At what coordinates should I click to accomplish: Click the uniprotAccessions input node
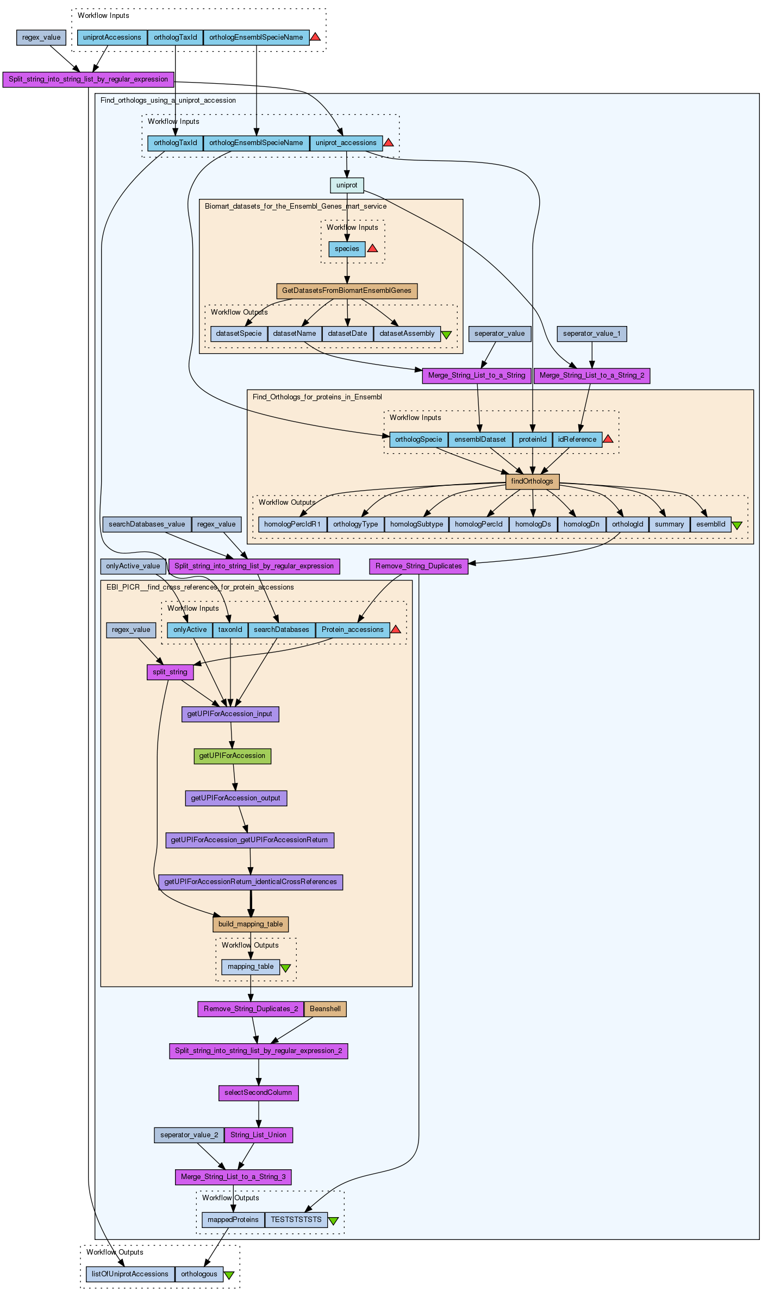(x=113, y=37)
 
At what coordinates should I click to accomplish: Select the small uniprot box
(x=347, y=185)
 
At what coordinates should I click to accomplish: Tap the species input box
(x=347, y=249)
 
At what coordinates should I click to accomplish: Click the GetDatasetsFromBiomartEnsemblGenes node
(x=347, y=291)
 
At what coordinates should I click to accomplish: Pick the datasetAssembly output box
(x=407, y=334)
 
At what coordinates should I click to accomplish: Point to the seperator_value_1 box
(x=591, y=334)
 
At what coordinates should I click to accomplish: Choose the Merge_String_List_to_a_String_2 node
(x=592, y=375)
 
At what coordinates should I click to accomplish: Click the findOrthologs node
(x=532, y=481)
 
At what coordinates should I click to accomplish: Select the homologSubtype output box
(x=416, y=524)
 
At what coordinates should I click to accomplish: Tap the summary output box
(x=669, y=524)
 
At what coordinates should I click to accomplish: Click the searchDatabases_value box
(x=147, y=524)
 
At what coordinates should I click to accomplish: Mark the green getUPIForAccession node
(x=232, y=756)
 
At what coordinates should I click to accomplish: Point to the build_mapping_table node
(x=251, y=924)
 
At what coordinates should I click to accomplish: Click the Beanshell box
(x=325, y=1009)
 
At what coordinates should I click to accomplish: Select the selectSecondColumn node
(x=258, y=1093)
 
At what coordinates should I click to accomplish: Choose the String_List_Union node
(x=258, y=1135)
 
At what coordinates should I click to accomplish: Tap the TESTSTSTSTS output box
(x=296, y=1220)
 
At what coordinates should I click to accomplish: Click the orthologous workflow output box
(x=199, y=1274)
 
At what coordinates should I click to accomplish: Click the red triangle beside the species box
(x=372, y=248)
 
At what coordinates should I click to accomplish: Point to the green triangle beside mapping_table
(x=285, y=968)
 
